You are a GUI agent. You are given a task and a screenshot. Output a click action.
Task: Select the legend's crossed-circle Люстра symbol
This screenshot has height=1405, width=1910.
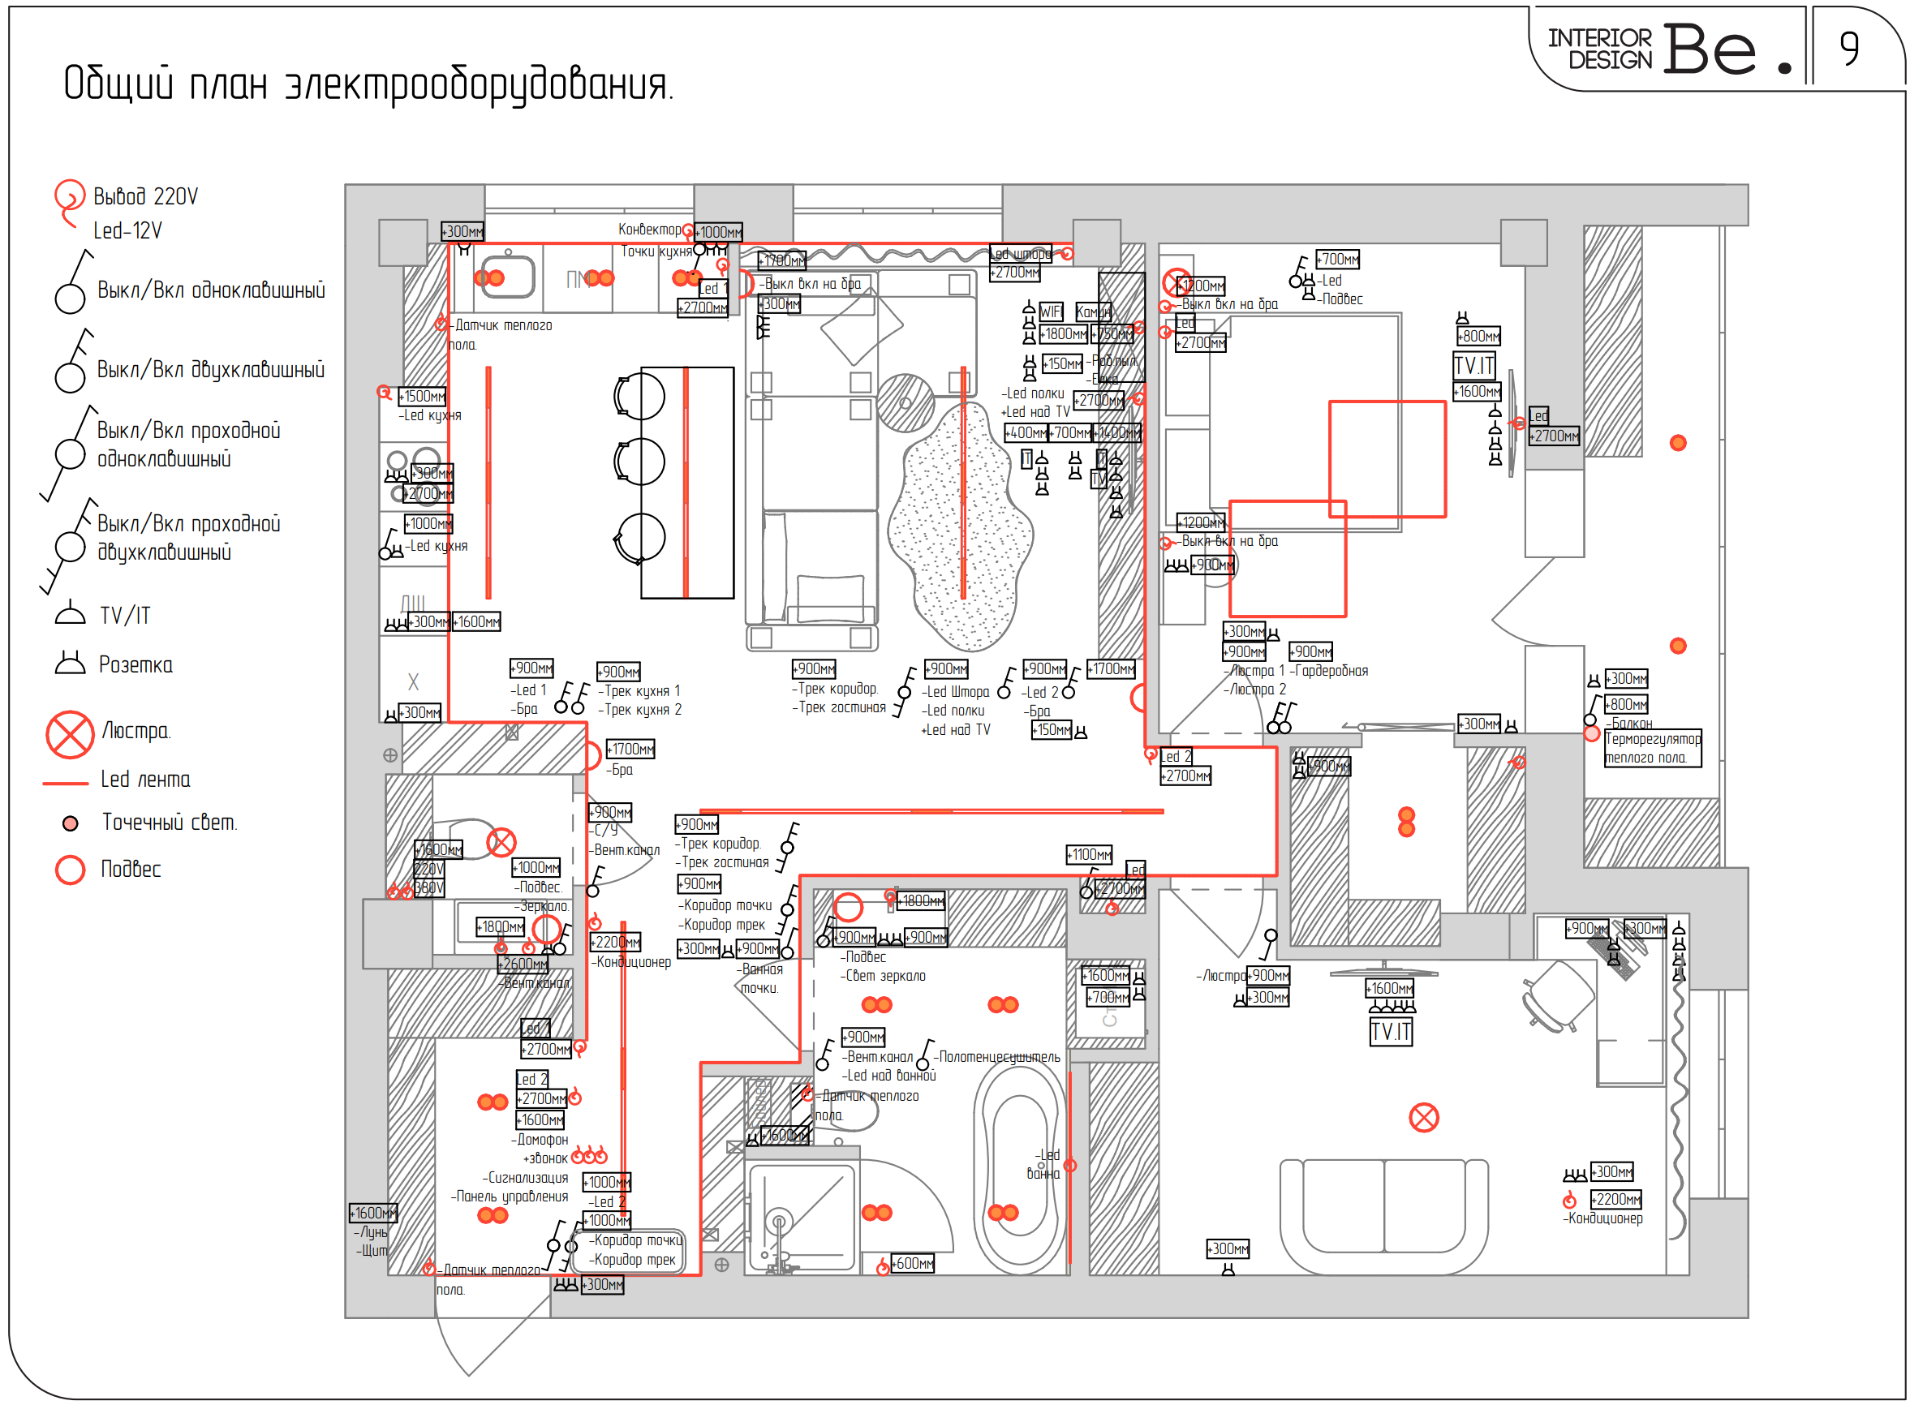tap(70, 734)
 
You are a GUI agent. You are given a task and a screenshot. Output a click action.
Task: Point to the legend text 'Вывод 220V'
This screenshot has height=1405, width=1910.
tap(145, 197)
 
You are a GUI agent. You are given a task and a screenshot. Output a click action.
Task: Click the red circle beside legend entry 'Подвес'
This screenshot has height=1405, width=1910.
tap(70, 869)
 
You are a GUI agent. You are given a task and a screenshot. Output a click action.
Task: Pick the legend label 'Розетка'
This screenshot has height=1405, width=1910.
tap(136, 665)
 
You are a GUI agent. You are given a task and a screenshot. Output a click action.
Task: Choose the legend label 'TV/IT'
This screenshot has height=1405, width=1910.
tap(124, 616)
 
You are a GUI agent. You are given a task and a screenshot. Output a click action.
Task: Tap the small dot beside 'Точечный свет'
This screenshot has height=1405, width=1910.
tap(71, 823)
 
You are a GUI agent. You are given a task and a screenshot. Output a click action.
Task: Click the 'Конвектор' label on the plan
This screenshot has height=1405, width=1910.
tap(649, 230)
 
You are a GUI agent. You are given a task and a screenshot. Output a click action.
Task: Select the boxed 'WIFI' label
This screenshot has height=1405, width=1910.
tap(1051, 312)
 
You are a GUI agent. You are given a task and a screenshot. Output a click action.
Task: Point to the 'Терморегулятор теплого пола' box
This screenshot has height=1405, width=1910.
tap(1652, 749)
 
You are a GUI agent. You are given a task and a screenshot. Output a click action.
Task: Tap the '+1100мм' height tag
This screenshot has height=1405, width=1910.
tap(1089, 854)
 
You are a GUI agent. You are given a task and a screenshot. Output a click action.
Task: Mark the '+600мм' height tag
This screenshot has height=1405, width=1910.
tap(913, 1264)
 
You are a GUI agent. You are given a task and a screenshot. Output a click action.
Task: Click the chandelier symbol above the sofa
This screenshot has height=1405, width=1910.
tap(1423, 1118)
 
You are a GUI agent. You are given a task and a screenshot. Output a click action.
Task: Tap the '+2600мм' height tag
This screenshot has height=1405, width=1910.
tap(523, 965)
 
